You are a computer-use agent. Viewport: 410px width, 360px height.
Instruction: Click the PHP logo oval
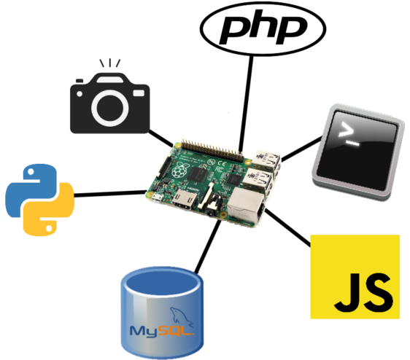263,28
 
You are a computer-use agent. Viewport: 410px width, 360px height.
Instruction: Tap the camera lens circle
110,108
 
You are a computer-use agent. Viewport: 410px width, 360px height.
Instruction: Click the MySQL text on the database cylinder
163,331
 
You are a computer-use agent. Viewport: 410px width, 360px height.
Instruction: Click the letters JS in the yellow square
363,293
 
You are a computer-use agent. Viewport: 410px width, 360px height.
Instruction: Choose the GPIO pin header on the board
212,150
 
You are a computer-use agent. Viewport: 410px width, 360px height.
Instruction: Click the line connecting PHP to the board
247,103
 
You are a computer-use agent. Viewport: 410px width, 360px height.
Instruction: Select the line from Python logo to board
110,194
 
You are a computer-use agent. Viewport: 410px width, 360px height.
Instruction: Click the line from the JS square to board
287,228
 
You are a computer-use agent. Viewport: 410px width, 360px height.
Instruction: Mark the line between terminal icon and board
301,149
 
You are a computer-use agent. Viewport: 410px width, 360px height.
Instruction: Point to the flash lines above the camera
110,63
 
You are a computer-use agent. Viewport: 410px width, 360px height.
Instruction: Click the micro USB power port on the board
157,198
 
